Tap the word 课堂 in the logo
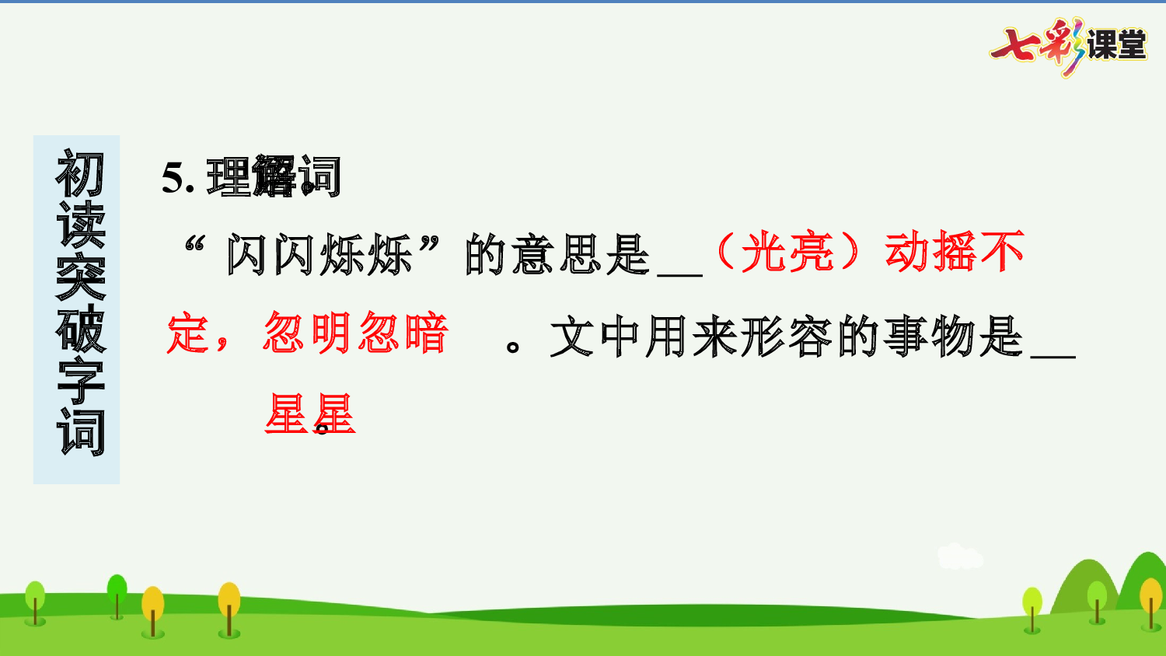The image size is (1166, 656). (x=1117, y=45)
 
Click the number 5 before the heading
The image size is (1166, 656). (x=172, y=179)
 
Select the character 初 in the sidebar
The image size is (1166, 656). (x=79, y=175)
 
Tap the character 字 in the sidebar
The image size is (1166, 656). (x=79, y=381)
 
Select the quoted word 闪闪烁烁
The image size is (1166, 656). (x=319, y=255)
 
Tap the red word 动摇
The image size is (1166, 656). (x=931, y=253)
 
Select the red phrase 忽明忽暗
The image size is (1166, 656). (x=356, y=333)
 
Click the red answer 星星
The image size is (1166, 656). (x=309, y=414)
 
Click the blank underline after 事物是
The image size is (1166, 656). (x=1053, y=355)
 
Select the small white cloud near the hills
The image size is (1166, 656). (x=959, y=556)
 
